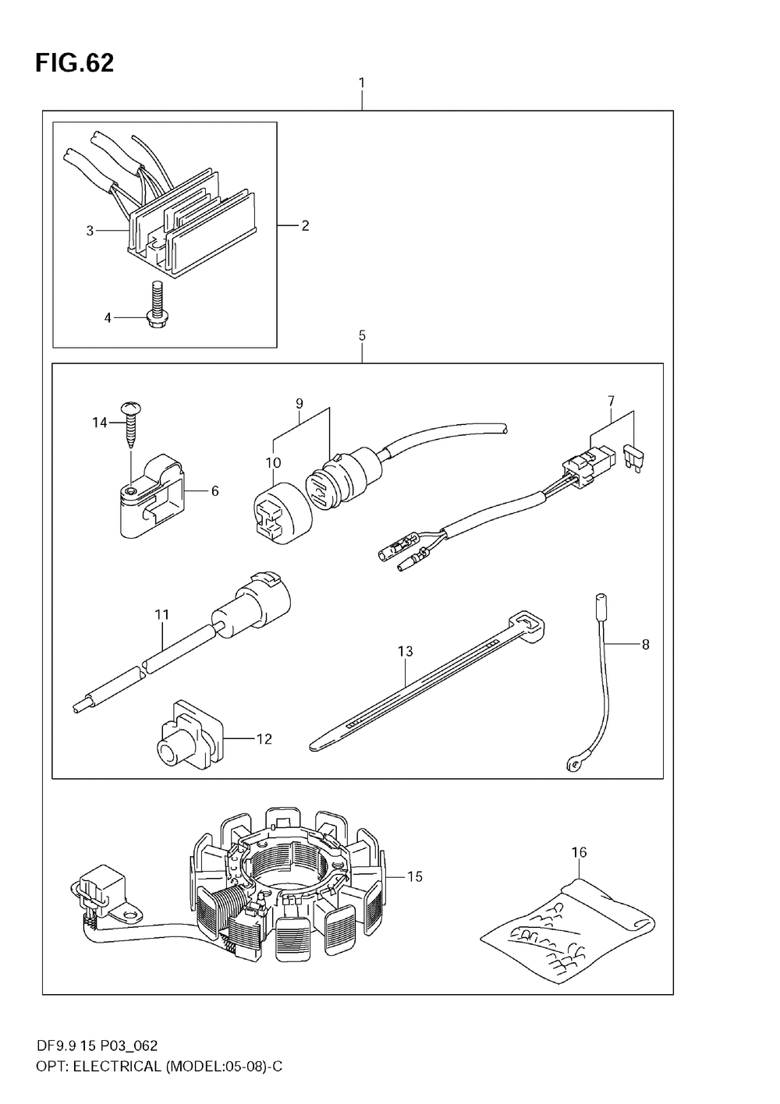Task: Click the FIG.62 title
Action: (74, 63)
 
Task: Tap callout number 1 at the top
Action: (362, 82)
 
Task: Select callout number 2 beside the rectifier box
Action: (305, 226)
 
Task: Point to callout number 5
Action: (362, 335)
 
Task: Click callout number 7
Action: (611, 401)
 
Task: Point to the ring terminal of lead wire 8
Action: (573, 766)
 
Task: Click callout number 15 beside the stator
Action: (414, 876)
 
